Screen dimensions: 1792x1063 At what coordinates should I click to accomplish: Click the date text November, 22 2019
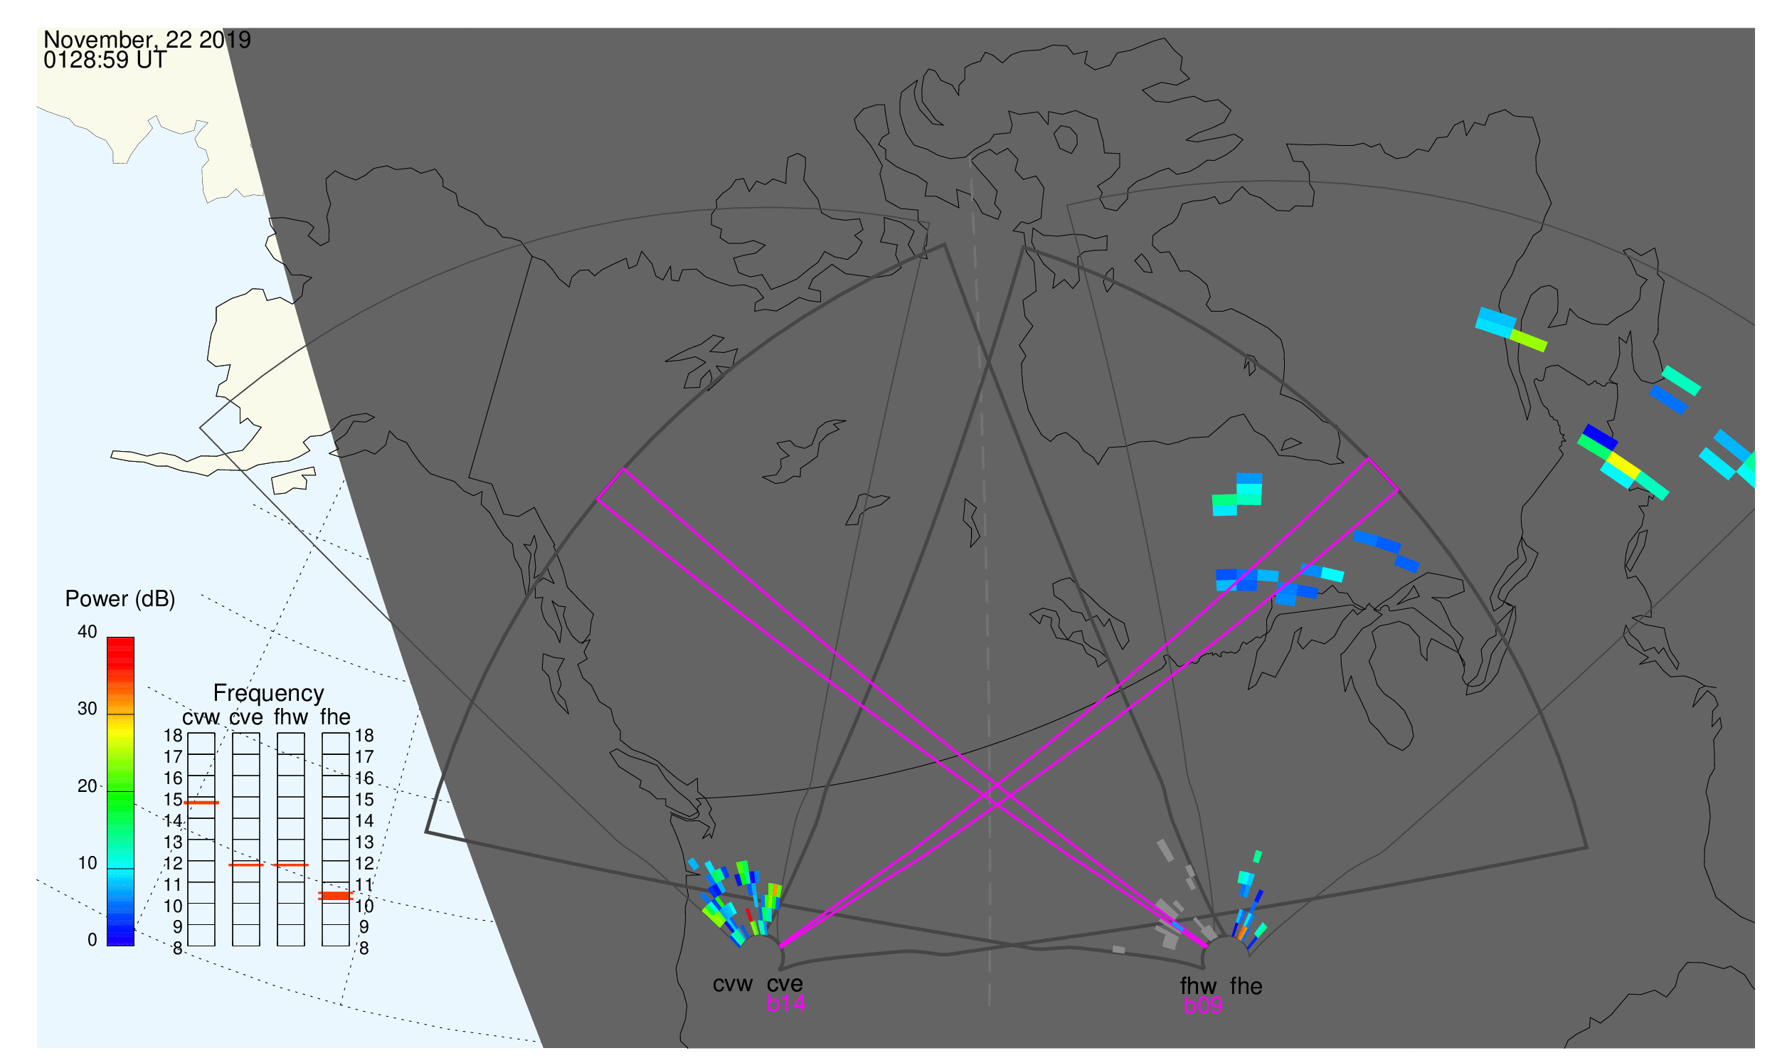click(x=147, y=40)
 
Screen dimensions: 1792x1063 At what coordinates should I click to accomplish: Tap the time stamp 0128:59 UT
click(x=105, y=60)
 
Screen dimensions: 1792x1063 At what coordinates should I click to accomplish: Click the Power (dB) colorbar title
click(x=120, y=600)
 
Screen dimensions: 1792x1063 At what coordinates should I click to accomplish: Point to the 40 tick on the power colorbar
click(x=88, y=633)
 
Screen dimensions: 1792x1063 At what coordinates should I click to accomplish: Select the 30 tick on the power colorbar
click(x=88, y=709)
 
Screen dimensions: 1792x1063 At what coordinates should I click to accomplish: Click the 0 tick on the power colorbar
click(x=92, y=941)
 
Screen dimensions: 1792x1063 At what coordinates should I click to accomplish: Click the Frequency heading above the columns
click(x=269, y=694)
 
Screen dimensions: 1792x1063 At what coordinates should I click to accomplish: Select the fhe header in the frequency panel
click(x=335, y=718)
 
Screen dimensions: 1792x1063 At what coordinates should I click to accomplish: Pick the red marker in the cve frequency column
click(x=246, y=866)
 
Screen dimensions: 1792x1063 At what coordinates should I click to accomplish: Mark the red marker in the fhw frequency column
click(x=291, y=866)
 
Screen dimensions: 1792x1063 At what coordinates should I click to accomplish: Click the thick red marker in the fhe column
click(x=336, y=897)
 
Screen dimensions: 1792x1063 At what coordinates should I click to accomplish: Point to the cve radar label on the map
click(x=785, y=985)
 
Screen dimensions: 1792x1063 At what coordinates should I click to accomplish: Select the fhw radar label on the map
click(x=1198, y=987)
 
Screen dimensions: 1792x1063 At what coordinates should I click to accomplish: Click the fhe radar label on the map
click(x=1246, y=987)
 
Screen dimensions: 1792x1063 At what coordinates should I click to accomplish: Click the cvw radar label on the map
click(x=732, y=985)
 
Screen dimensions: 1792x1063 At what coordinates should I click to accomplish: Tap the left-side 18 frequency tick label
click(x=174, y=736)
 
